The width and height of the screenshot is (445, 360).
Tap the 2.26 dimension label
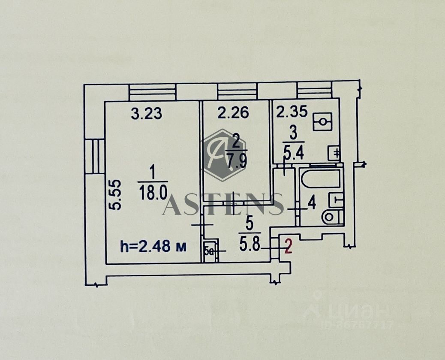tap(233, 113)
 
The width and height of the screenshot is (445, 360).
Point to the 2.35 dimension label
tap(292, 112)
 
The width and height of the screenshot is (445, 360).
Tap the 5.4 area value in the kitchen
tap(294, 152)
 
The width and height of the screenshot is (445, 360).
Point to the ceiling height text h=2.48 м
tap(153, 247)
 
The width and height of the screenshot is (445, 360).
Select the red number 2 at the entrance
tap(289, 247)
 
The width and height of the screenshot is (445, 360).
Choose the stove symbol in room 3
tap(322, 122)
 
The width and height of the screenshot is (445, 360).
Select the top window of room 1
tap(152, 92)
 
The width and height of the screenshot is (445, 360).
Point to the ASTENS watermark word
tap(223, 205)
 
